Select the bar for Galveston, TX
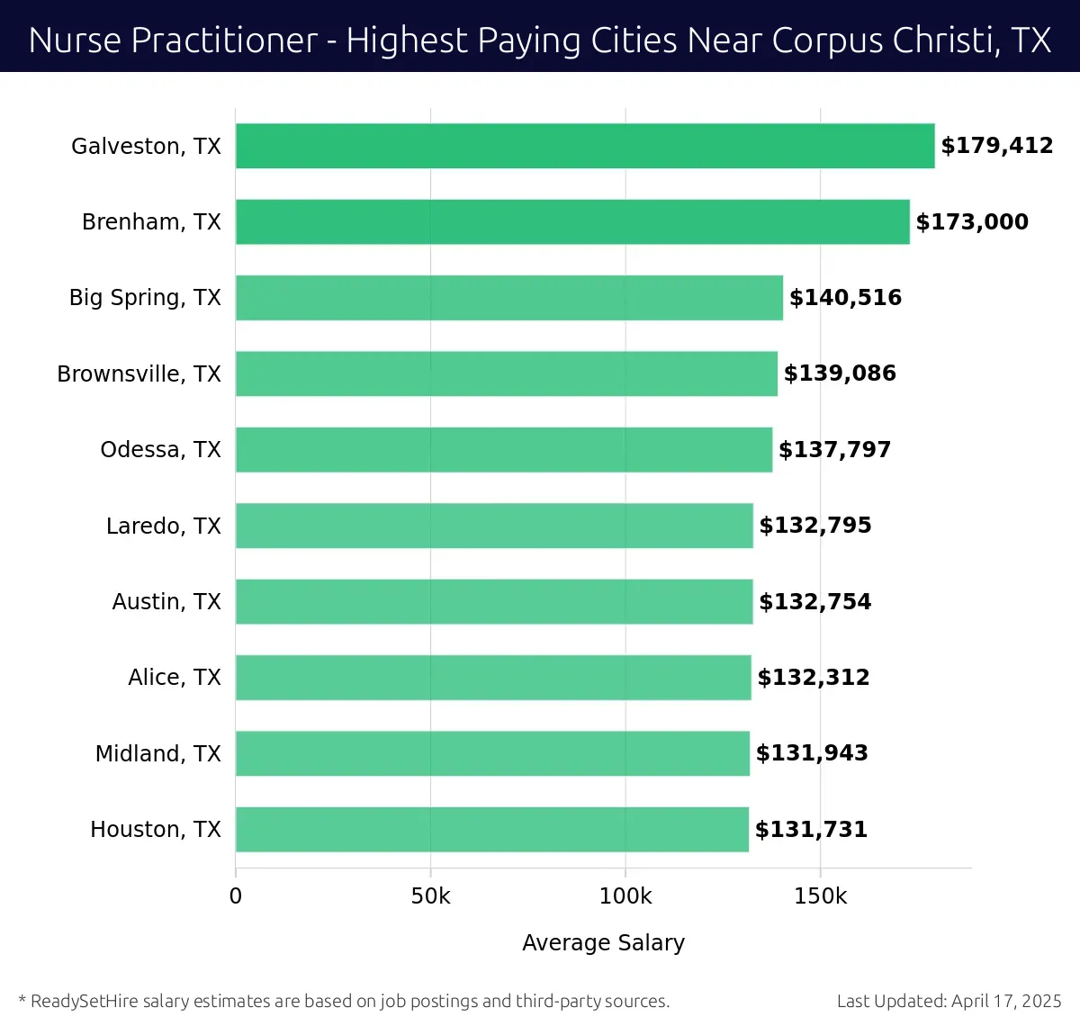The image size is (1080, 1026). click(x=585, y=146)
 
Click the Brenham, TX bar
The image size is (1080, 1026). click(x=572, y=221)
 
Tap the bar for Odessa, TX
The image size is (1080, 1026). click(x=504, y=450)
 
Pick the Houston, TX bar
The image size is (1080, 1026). click(x=492, y=829)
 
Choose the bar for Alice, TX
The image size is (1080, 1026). click(x=493, y=678)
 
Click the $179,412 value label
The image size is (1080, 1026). click(x=996, y=146)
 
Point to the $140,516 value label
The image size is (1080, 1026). click(x=845, y=298)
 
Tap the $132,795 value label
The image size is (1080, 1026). click(x=815, y=526)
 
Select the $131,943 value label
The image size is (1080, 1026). click(x=812, y=753)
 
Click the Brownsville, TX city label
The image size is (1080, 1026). click(x=139, y=373)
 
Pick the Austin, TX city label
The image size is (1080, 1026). click(x=166, y=601)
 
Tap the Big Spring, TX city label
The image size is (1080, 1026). click(x=145, y=298)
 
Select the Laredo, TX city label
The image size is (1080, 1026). click(x=164, y=526)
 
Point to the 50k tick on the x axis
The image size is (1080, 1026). click(x=430, y=896)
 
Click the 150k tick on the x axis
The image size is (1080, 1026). click(x=820, y=896)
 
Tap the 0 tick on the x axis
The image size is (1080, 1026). click(x=236, y=896)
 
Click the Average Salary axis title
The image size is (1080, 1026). click(x=603, y=942)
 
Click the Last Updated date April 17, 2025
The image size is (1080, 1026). click(x=1006, y=1001)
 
